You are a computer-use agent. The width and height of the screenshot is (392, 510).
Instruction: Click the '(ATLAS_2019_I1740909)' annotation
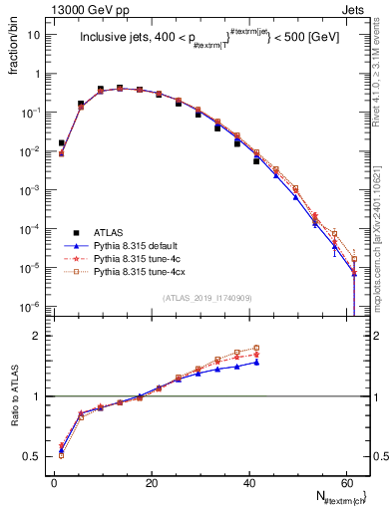tap(206, 298)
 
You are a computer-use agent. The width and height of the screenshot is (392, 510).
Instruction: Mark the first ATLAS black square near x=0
tap(61, 143)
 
